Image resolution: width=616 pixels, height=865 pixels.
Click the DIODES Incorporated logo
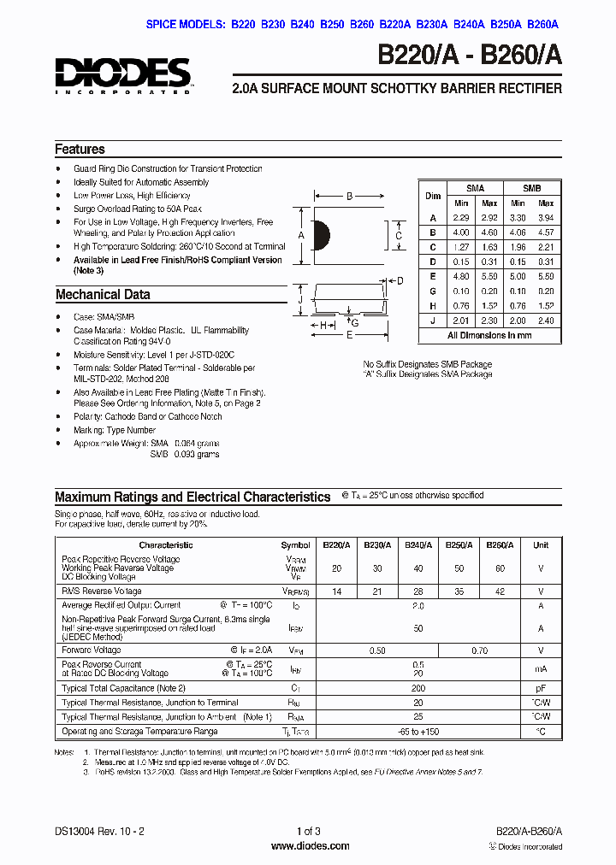coord(123,75)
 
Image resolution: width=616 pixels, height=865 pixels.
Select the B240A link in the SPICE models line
coord(468,26)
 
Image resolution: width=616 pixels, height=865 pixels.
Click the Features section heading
coord(80,149)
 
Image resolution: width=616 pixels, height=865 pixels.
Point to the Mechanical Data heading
coord(103,294)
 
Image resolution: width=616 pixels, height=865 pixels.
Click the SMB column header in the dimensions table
coord(531,188)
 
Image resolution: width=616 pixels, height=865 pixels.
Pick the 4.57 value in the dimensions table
coord(545,232)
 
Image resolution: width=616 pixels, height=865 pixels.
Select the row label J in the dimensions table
coord(433,321)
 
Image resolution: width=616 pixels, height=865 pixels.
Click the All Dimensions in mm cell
coord(489,335)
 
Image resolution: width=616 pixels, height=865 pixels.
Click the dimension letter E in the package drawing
coord(348,336)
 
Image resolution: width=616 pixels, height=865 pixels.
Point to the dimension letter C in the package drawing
coord(399,235)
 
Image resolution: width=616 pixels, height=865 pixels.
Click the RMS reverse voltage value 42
coord(500,591)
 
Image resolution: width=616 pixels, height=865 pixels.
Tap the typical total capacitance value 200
coord(418,687)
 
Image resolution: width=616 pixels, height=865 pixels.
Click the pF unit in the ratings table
coord(541,687)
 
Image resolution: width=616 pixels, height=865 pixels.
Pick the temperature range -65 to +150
coord(418,732)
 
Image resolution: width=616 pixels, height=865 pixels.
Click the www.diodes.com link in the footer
coord(309,846)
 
